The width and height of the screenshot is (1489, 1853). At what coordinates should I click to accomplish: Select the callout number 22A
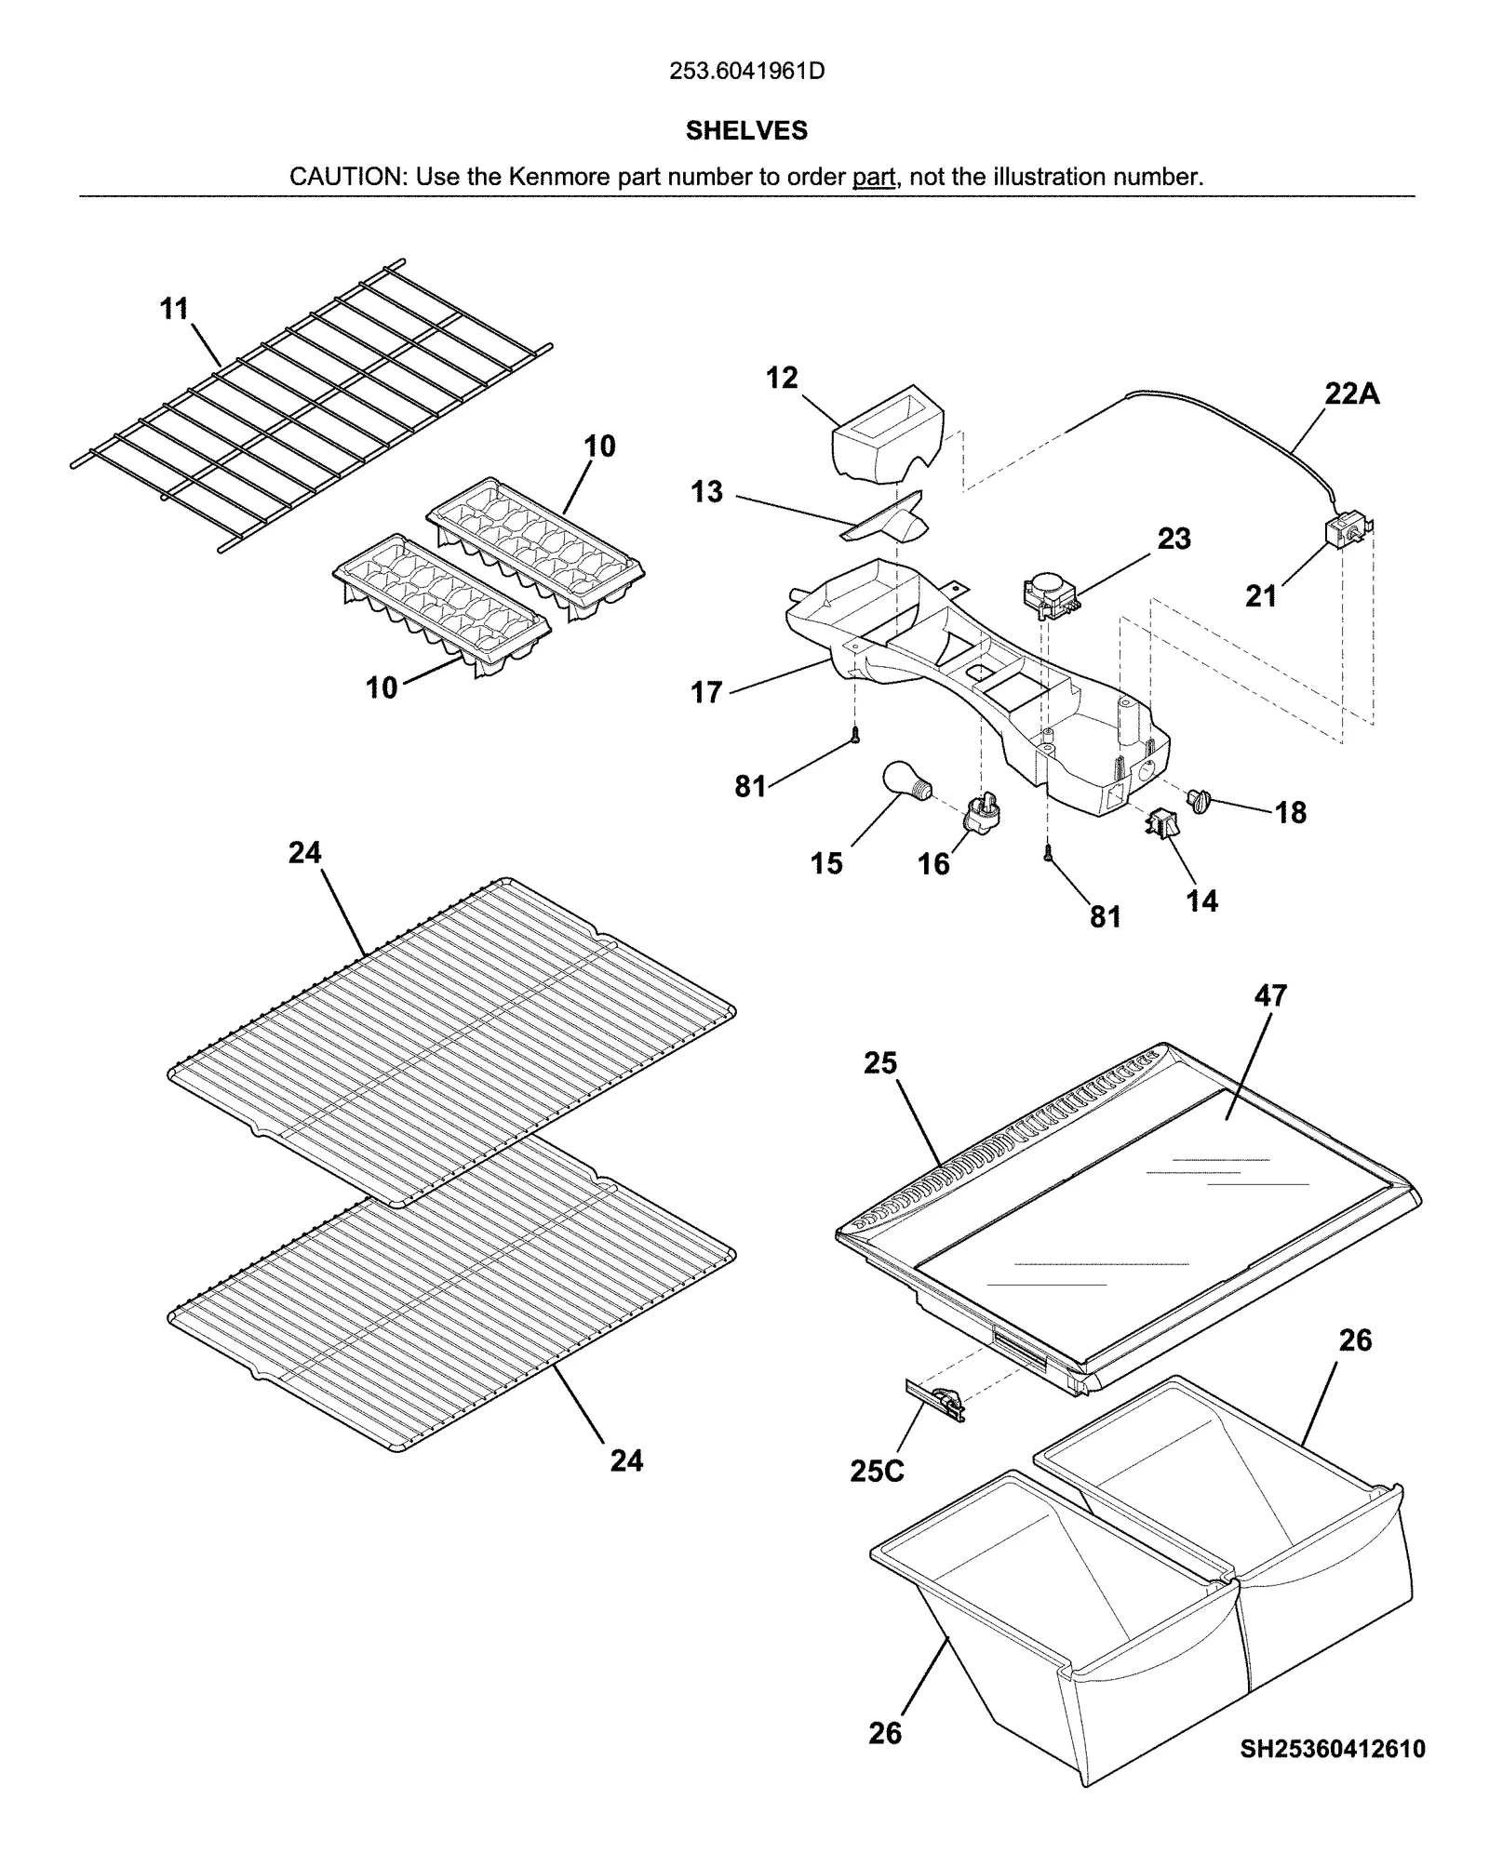pyautogui.click(x=1351, y=394)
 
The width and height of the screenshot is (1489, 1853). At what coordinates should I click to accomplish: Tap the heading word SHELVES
pyautogui.click(x=746, y=131)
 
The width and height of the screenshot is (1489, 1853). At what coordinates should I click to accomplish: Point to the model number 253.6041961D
pyautogui.click(x=746, y=72)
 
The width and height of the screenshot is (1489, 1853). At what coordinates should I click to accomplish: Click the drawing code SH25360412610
pyautogui.click(x=1332, y=1749)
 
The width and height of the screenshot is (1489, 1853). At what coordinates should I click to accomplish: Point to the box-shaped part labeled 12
pyautogui.click(x=884, y=434)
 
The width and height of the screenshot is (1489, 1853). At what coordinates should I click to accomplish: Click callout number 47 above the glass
pyautogui.click(x=1270, y=996)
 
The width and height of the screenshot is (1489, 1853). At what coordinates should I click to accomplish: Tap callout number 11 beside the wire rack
pyautogui.click(x=174, y=309)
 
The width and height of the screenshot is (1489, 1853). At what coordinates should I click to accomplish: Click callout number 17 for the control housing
pyautogui.click(x=706, y=693)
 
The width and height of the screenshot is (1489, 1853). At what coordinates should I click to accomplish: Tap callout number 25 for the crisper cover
pyautogui.click(x=879, y=1063)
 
